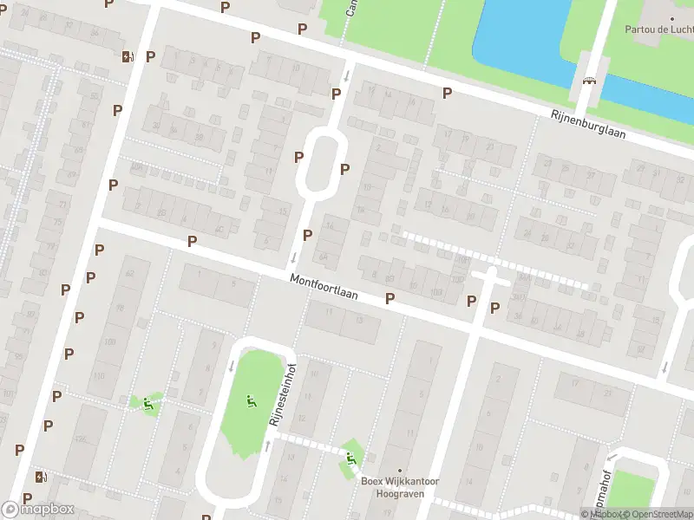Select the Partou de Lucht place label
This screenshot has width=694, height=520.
coord(658,28)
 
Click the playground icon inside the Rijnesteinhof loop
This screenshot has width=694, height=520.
coord(251,400)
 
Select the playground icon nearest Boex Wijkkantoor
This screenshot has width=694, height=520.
coord(350,457)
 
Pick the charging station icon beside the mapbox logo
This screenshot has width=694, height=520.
coord(40,477)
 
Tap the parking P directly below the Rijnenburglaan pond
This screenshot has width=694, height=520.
coord(448,93)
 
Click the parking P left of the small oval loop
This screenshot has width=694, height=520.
coord(298,157)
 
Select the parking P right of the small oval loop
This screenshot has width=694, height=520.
coord(344,169)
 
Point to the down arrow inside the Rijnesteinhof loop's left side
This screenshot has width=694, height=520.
coord(232,366)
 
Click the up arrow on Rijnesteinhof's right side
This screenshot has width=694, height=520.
coord(266,445)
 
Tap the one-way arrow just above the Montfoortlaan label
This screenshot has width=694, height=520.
coord(294,257)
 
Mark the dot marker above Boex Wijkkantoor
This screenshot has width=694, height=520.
coord(400,471)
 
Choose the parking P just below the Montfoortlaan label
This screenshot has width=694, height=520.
coord(390,298)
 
